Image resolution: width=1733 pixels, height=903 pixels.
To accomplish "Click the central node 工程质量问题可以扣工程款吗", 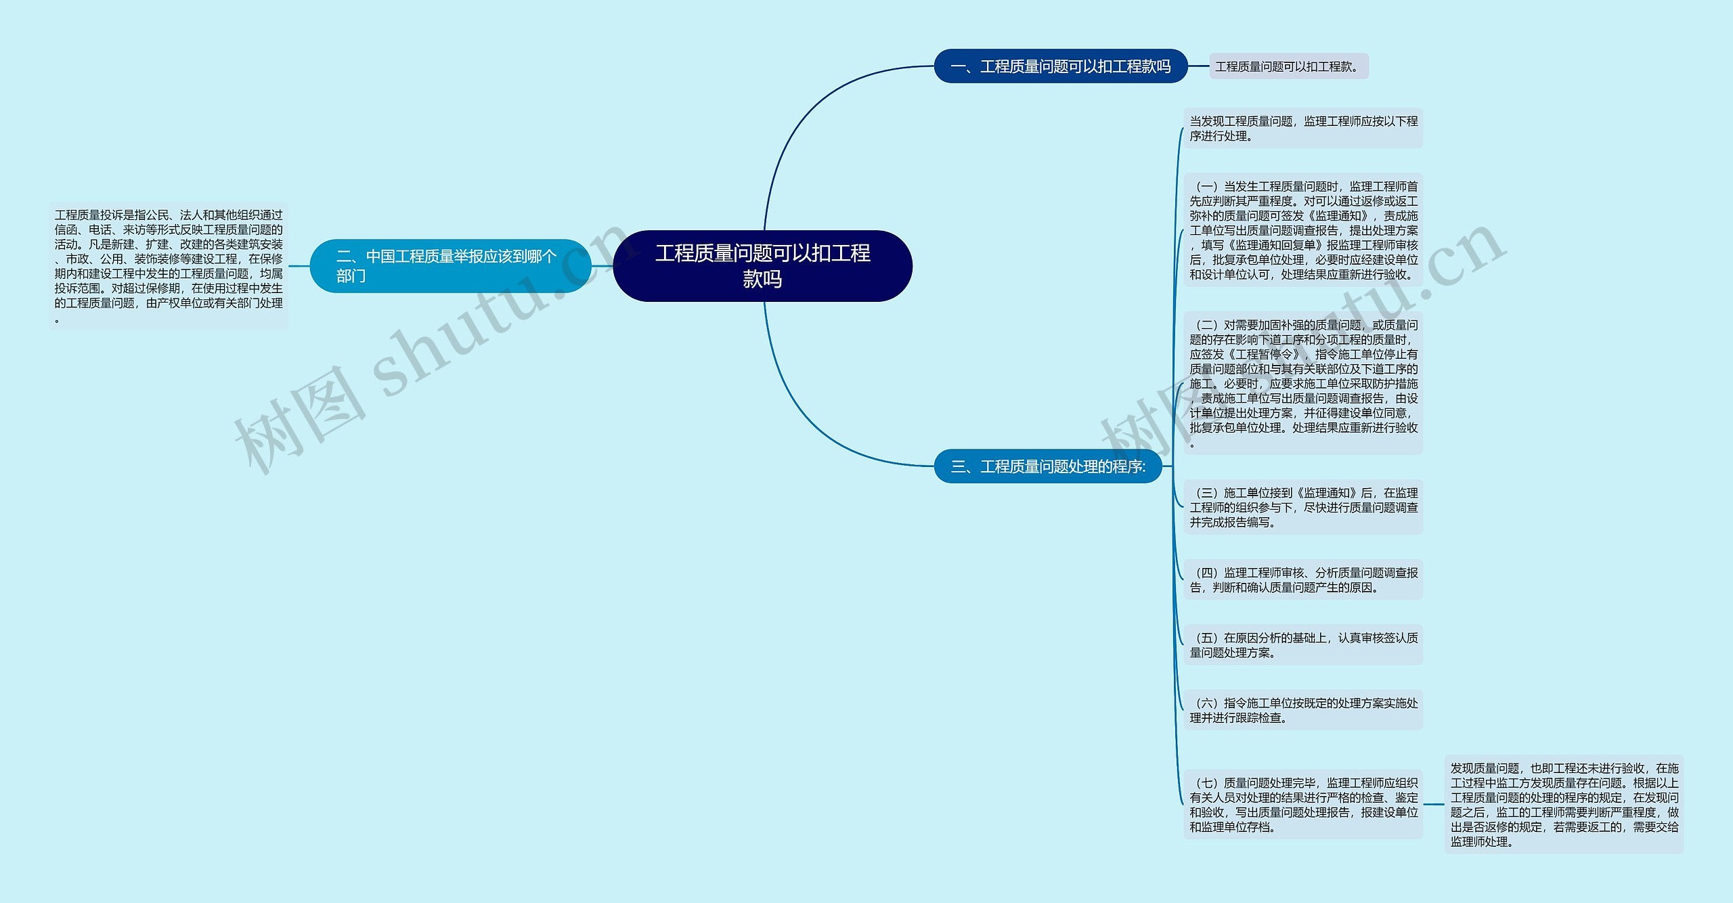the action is pos(762,266).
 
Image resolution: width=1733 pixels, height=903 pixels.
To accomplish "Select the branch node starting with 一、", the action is pos(1061,66).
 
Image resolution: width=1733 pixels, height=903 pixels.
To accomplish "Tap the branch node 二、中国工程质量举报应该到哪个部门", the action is pos(450,266).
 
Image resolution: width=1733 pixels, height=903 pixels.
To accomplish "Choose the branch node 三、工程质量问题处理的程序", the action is pos(1048,466).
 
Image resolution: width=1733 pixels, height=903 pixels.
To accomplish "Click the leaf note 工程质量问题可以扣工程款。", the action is pos(1289,66).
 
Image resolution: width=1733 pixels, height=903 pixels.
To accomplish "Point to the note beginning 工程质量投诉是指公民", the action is pos(169,266).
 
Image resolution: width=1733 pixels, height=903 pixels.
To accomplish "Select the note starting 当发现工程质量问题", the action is pos(1303,128).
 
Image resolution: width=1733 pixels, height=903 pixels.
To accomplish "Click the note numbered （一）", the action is pos(1303,230).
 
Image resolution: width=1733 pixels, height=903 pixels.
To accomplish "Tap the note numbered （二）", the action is pos(1303,383).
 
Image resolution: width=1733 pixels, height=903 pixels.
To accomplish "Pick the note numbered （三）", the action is pos(1303,507).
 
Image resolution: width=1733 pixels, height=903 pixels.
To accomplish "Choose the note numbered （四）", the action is pos(1303,579).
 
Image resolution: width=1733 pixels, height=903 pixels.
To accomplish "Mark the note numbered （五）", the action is pos(1303,644).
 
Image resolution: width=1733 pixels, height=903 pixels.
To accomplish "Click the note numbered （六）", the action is pos(1303,710).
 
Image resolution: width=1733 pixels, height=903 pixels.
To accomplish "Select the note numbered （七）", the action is pos(1303,804).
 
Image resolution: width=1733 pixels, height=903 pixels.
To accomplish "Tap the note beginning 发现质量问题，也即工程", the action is pos(1564,804).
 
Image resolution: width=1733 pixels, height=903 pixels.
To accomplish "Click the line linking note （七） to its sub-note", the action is pos(1434,804).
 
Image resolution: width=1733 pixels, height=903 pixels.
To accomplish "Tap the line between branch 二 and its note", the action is pos(299,266).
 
